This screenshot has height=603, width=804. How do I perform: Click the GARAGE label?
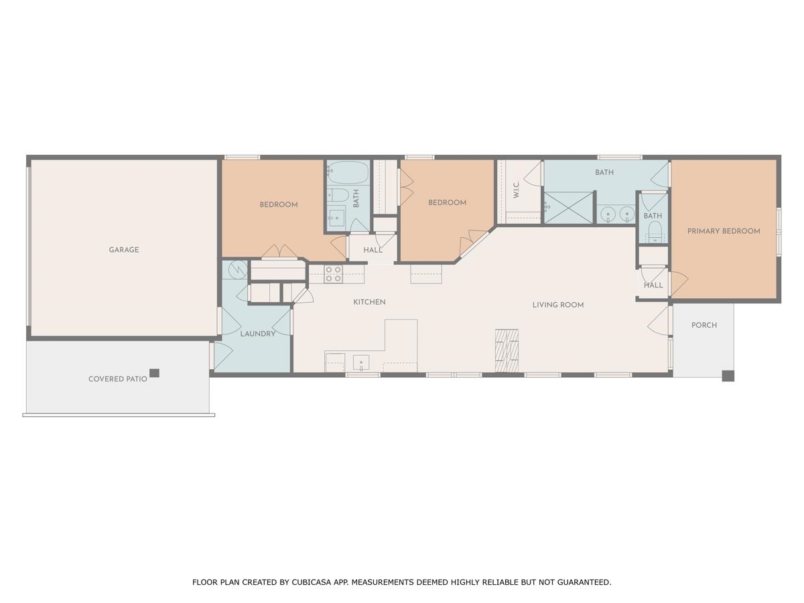coord(124,250)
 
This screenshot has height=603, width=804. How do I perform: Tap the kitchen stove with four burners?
coord(333,274)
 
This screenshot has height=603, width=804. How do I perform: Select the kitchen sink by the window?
coord(361,364)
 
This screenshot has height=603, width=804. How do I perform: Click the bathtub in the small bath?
coord(348,174)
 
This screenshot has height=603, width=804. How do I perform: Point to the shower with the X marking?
coord(568,208)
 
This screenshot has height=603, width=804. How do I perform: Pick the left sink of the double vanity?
coord(608,214)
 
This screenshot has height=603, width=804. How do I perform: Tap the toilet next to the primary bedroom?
coord(654,233)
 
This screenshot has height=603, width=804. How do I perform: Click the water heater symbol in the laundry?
coord(237,269)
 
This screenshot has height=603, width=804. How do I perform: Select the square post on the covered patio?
coord(154,373)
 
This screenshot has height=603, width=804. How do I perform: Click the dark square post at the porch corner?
coord(728,376)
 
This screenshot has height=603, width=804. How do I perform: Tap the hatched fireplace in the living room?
coord(507,350)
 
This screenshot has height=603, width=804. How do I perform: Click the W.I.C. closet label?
coord(517,190)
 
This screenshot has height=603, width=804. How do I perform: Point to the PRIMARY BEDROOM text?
coord(724,231)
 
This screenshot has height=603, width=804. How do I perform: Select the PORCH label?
coord(704,325)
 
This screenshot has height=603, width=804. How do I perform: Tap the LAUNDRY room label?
coord(258,334)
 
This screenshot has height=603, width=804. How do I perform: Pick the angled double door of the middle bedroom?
coord(474,243)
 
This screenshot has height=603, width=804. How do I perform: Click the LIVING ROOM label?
coord(558,305)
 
